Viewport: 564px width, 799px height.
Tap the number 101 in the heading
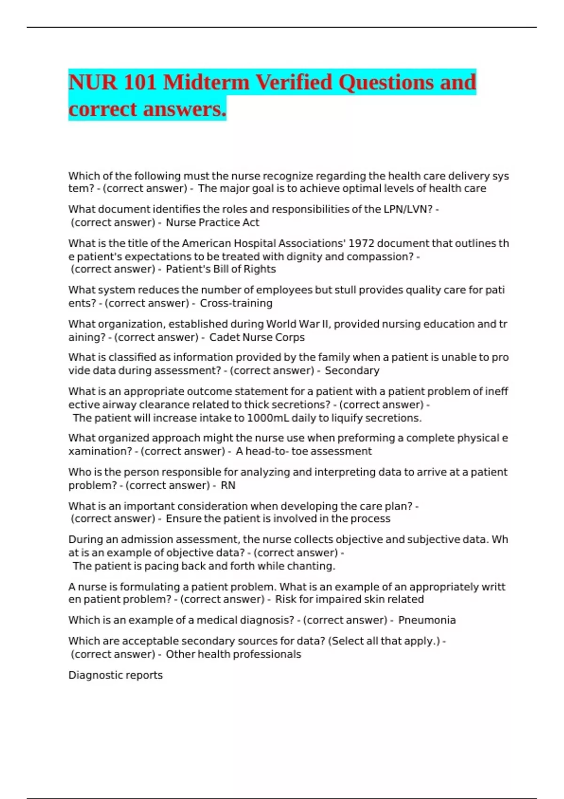click(x=140, y=83)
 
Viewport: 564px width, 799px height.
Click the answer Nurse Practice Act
click(x=212, y=222)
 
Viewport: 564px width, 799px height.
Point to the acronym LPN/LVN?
click(x=408, y=209)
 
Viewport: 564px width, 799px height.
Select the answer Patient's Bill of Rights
click(x=220, y=269)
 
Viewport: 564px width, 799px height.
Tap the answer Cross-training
click(x=236, y=303)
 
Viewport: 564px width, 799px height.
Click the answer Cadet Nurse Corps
click(x=257, y=337)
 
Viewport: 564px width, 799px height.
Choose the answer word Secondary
click(x=352, y=371)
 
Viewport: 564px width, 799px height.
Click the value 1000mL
click(x=268, y=418)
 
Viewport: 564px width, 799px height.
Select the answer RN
click(x=228, y=486)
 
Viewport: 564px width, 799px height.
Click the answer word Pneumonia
click(x=427, y=620)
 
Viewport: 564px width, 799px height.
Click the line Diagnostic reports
click(x=116, y=675)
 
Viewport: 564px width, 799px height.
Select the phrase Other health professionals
click(x=233, y=654)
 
